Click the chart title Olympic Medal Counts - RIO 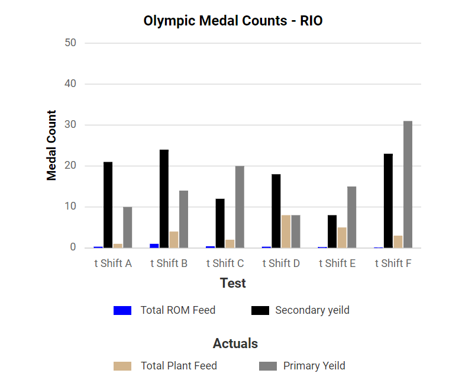pos(233,21)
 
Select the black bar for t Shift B pos(164,198)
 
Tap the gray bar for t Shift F pos(408,184)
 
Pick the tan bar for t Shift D pos(286,231)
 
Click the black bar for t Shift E pos(332,231)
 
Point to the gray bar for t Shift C pos(240,207)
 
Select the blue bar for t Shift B pos(154,246)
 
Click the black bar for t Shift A pos(108,205)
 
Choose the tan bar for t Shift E pos(342,237)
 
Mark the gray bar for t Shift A pos(127,227)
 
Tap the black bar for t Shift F pos(388,201)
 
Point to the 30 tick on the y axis pos(70,125)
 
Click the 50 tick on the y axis pos(70,43)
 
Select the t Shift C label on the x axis pos(225,263)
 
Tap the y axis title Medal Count pos(52,145)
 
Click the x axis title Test pos(233,283)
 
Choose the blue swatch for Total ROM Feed pos(122,310)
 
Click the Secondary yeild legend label pos(312,310)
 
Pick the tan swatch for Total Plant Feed pos(122,366)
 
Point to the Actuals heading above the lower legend pos(235,343)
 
